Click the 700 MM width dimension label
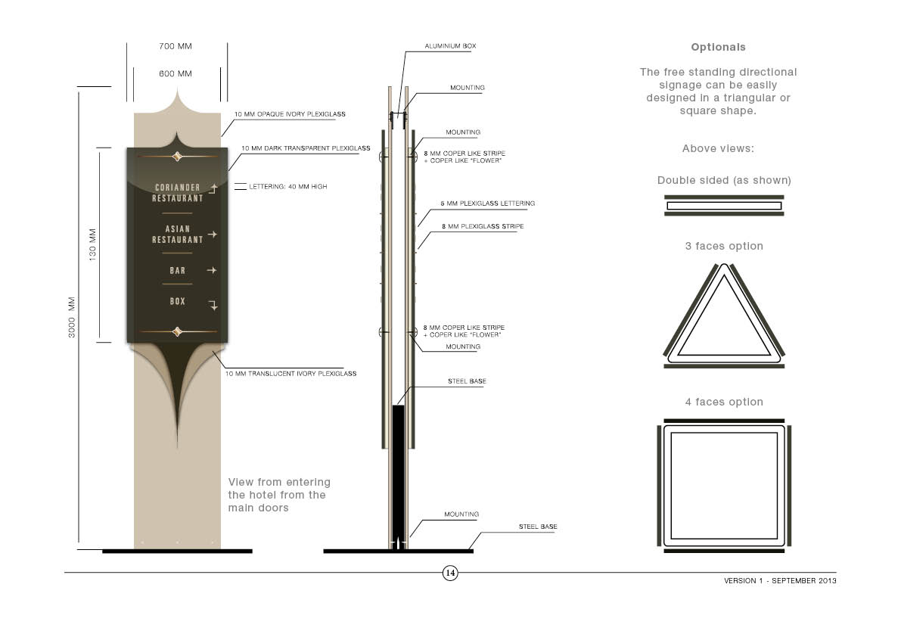click(176, 46)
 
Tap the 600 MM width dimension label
click(176, 73)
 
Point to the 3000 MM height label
click(72, 317)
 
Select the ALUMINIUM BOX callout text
click(451, 46)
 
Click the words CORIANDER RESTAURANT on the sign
click(178, 193)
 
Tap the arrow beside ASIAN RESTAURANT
click(213, 235)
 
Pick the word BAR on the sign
click(178, 271)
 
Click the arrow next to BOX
click(213, 305)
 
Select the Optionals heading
click(718, 47)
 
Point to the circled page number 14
click(450, 573)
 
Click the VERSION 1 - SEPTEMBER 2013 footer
click(780, 581)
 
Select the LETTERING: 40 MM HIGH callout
click(288, 187)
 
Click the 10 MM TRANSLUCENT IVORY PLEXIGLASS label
click(290, 374)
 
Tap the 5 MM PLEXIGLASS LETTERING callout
click(488, 204)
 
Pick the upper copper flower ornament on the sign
click(178, 157)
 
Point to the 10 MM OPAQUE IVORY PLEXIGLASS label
click(290, 114)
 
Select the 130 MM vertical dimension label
click(92, 244)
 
